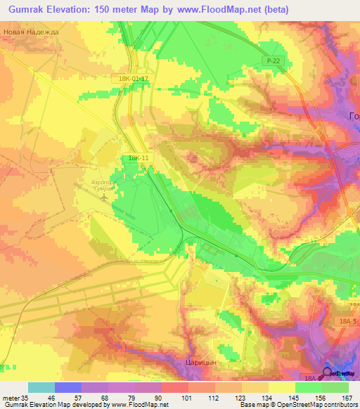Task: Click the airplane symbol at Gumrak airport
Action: point(104,197)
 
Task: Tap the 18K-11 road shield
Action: point(138,159)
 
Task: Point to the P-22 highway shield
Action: point(274,62)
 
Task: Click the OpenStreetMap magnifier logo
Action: point(327,373)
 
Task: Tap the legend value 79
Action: point(131,398)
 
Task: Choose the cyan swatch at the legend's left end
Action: point(41,387)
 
